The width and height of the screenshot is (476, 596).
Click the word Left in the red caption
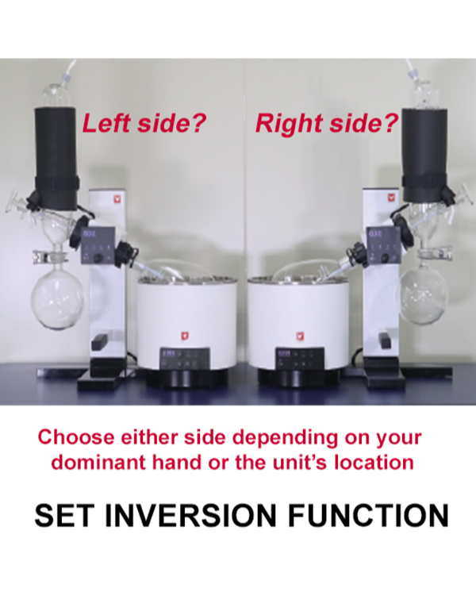click(106, 123)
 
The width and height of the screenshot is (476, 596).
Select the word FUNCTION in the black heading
click(368, 515)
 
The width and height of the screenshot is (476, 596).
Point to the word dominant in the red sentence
click(98, 462)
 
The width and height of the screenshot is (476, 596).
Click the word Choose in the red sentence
click(76, 437)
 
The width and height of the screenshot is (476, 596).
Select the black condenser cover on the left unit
click(56, 159)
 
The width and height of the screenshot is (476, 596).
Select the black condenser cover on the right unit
click(424, 156)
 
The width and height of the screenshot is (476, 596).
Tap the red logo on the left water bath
click(185, 336)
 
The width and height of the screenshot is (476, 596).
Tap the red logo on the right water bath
click(300, 336)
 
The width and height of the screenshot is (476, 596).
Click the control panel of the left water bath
click(184, 359)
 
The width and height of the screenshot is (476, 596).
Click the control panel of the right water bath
click(300, 359)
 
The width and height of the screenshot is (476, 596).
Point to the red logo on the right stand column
click(390, 198)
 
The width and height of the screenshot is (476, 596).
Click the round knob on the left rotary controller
click(98, 259)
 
